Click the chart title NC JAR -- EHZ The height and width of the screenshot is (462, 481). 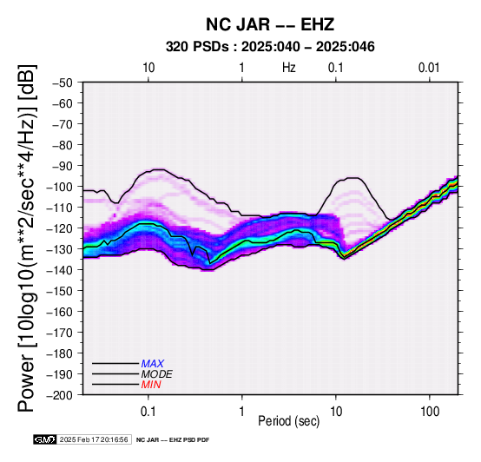click(x=270, y=24)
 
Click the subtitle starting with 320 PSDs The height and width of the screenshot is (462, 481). click(x=270, y=47)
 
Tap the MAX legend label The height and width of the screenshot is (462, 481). click(x=152, y=364)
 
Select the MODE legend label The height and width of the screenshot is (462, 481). click(x=157, y=374)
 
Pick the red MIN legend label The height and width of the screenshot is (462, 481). click(x=151, y=385)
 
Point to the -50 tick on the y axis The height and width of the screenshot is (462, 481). click(x=63, y=82)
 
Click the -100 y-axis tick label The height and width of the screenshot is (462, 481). click(x=60, y=187)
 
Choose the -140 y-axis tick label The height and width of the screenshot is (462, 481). click(x=60, y=270)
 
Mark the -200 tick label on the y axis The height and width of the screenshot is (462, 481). click(x=60, y=395)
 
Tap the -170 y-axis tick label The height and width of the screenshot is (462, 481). click(x=60, y=333)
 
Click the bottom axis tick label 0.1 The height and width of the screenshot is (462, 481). click(x=148, y=412)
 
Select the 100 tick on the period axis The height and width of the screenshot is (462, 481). click(x=430, y=412)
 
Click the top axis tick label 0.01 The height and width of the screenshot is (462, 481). click(x=429, y=68)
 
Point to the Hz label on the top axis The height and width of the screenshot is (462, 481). click(x=289, y=68)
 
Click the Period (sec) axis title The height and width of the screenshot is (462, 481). click(x=288, y=421)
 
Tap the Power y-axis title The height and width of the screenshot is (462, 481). click(x=26, y=238)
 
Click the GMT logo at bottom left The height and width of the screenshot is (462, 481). click(x=45, y=439)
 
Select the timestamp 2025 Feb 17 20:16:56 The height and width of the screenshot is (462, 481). click(x=94, y=439)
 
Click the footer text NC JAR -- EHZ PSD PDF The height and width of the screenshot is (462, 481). click(x=173, y=440)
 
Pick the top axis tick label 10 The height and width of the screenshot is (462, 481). click(x=148, y=68)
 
